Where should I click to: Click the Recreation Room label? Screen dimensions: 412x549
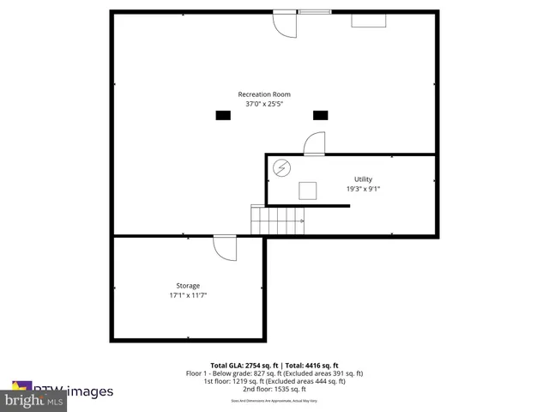point(264,94)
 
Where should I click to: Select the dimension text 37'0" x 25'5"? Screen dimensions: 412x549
point(264,104)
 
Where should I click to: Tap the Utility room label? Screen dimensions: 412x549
point(363,179)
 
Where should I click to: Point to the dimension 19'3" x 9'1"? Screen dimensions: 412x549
point(363,189)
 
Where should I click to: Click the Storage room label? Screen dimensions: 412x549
point(188,285)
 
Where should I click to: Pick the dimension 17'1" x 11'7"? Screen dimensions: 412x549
point(188,295)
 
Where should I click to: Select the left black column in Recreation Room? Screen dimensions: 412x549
point(223,114)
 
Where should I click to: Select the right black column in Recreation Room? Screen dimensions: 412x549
point(320,114)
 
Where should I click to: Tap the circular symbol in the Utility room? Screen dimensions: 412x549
point(281,168)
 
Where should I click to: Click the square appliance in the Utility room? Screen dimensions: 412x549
point(308,190)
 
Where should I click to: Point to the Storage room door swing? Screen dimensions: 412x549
point(225,248)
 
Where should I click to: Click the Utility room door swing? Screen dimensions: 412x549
point(315,143)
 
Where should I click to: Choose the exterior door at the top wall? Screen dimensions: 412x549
point(284,23)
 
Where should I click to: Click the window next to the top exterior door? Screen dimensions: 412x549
point(314,12)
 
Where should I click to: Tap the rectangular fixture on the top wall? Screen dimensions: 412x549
point(368,19)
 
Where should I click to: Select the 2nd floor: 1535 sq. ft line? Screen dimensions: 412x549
point(274,389)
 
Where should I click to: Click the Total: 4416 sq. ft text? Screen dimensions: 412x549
point(311,366)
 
